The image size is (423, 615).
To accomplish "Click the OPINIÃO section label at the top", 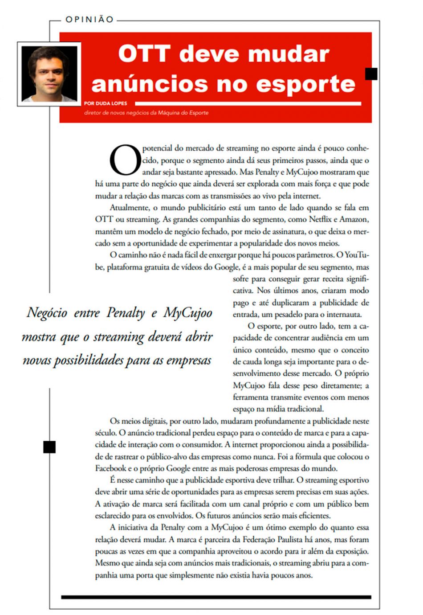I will pos(89,19).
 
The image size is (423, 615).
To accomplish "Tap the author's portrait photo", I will pos(49,74).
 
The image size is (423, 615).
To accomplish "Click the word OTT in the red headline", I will pos(144,54).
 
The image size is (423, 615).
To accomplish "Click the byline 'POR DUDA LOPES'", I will pos(106,103).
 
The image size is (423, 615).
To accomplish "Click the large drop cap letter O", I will pos(125,160).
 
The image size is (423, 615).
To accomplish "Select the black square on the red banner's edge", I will pos(371,74).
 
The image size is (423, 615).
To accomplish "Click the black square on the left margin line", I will pos(49,447).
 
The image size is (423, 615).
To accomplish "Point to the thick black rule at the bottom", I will pos(216,597).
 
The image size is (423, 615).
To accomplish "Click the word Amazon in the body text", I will pos(354,219).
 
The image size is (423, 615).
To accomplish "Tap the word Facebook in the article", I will pos(111,468).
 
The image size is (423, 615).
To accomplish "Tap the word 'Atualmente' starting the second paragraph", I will pos(129,208).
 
